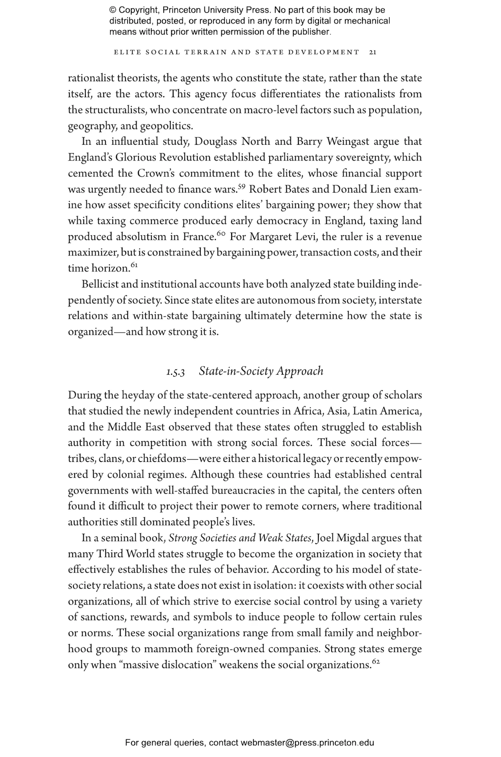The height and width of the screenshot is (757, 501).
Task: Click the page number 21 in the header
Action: coord(373,52)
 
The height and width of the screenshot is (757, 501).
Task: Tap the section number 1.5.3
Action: coord(176,372)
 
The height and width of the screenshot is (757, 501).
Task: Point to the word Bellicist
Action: coord(100,284)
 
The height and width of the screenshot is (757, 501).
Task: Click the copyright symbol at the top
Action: coord(113,10)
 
